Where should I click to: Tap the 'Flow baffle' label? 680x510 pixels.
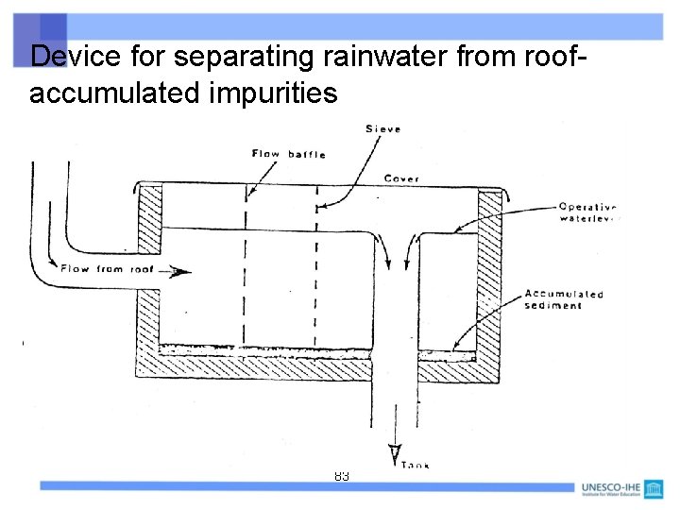click(x=287, y=153)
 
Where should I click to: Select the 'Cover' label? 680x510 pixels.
click(x=401, y=178)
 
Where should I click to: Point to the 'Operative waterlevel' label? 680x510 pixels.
click(x=586, y=213)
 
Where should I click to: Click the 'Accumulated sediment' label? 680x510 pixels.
click(x=564, y=299)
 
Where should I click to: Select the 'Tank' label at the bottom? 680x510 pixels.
click(x=416, y=465)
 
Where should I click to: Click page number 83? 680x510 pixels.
click(x=341, y=477)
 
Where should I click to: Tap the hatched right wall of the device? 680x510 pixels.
click(x=489, y=274)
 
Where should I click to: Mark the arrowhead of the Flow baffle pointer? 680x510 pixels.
click(x=249, y=193)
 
